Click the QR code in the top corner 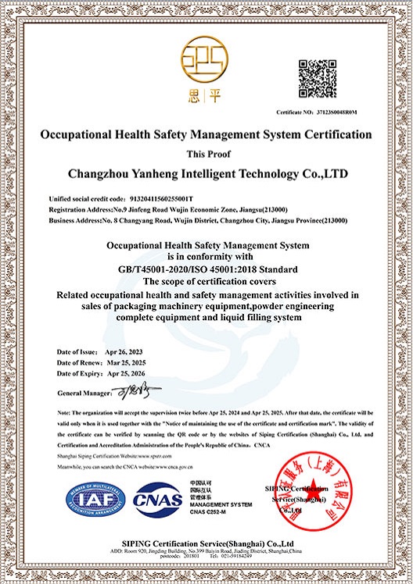(319, 77)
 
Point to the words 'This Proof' (206, 153)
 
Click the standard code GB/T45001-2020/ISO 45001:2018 (206, 269)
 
